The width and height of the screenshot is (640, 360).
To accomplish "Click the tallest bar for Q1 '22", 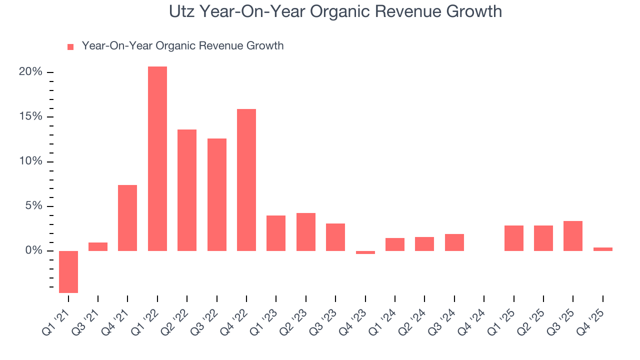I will (157, 158).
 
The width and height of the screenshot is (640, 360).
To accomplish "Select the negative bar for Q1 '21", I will (68, 271).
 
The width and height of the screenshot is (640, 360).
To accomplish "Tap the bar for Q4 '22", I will (246, 180).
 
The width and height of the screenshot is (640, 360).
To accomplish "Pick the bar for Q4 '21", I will (127, 218).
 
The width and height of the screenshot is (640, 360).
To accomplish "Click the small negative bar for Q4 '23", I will (365, 252).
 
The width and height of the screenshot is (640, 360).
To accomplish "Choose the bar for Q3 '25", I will (573, 236).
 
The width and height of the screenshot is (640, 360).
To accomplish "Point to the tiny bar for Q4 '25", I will (602, 249).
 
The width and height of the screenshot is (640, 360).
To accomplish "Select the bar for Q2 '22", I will (187, 190).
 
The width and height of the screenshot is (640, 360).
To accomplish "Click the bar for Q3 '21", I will (98, 246).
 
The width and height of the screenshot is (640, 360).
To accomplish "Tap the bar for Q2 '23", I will (306, 232).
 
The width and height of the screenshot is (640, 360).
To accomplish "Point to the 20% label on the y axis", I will (30, 72).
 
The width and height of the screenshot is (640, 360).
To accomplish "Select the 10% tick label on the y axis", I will (30, 161).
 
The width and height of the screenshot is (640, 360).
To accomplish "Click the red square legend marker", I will (70, 46).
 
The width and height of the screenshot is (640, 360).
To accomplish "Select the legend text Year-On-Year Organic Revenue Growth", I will (182, 46).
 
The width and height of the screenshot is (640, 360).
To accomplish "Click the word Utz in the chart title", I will (182, 11).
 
